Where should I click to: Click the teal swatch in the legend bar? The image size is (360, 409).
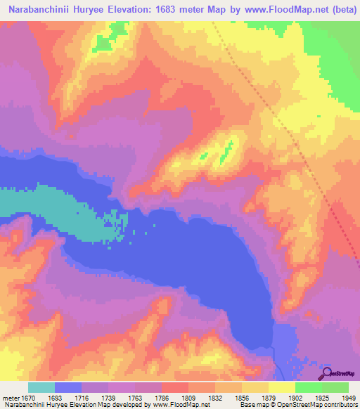pyautogui.click(x=41, y=387)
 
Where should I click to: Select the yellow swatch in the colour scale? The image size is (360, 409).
pyautogui.click(x=281, y=387)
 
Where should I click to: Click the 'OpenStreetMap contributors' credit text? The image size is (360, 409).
pyautogui.click(x=323, y=405)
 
